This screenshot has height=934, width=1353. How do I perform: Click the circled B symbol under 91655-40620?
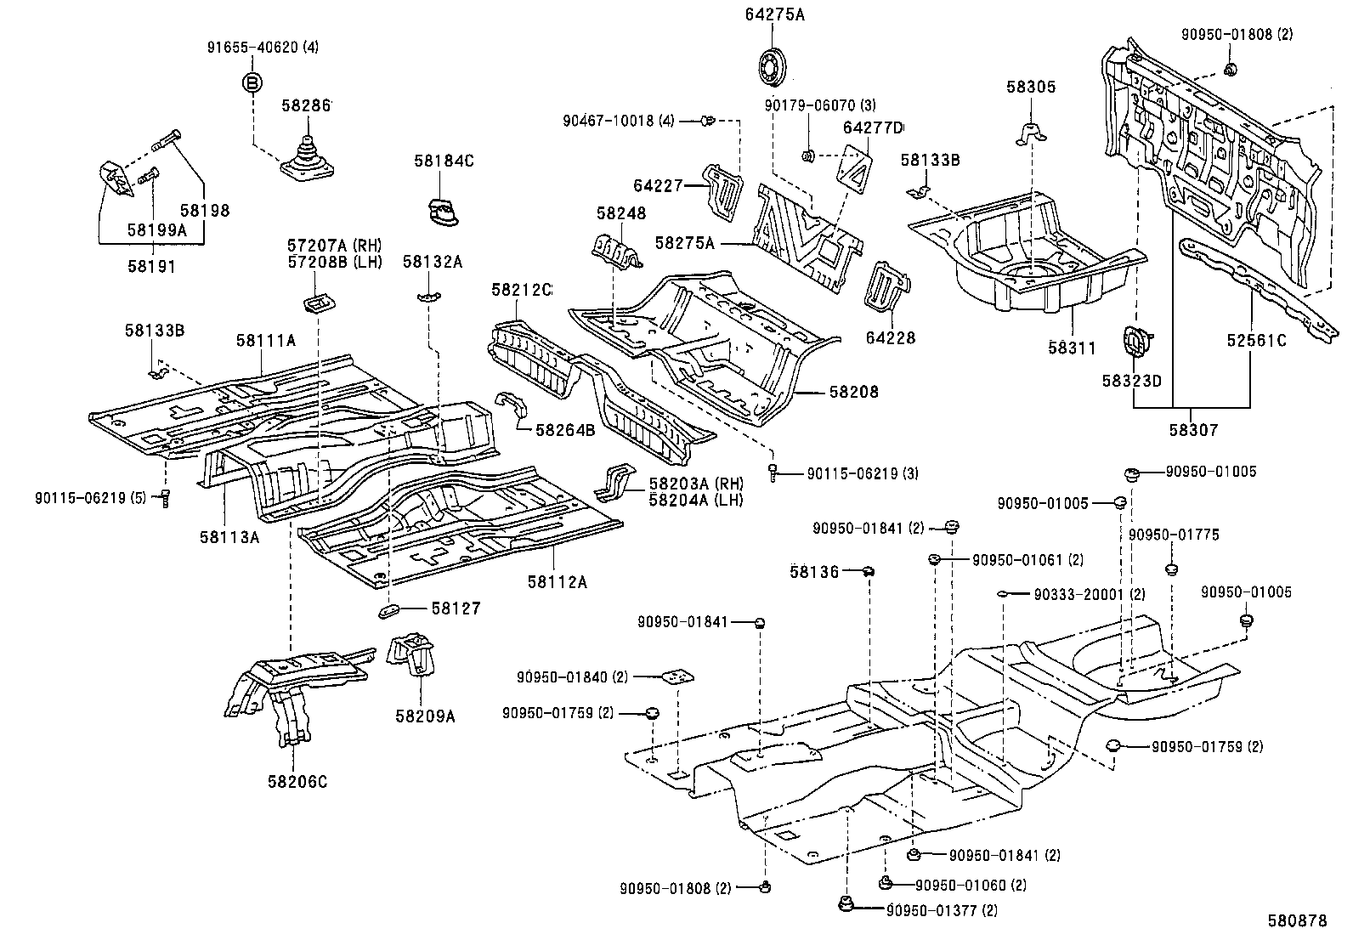[x=252, y=82]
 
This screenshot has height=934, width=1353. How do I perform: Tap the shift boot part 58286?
[x=309, y=158]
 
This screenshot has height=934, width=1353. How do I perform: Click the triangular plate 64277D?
[x=857, y=168]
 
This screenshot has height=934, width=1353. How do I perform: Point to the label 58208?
[x=853, y=392]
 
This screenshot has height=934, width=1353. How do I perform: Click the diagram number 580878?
[x=1297, y=920]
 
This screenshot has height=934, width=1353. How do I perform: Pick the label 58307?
[x=1192, y=430]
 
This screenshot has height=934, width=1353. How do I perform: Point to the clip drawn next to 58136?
[x=869, y=571]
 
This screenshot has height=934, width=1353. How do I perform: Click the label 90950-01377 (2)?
[x=942, y=910]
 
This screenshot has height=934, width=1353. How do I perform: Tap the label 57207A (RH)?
[x=337, y=245]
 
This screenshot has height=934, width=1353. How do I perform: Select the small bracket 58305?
[x=1030, y=133]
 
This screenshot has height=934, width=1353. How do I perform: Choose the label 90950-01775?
[x=1173, y=535]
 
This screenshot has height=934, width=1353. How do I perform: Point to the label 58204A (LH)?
[x=695, y=501]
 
